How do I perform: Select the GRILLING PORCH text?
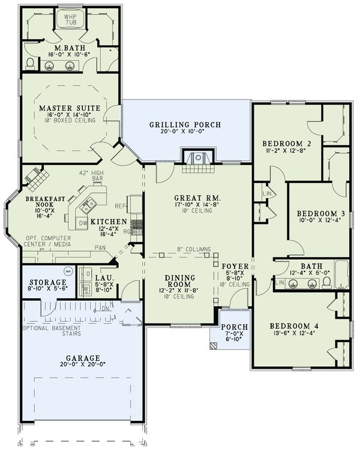(185, 125)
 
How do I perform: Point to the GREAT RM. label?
(197, 197)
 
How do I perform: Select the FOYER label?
(232, 265)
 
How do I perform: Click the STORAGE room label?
(44, 282)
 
